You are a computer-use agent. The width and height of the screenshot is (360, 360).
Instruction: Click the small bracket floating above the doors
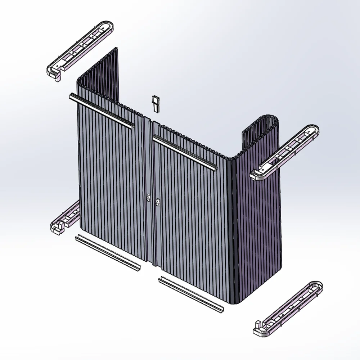[156, 103]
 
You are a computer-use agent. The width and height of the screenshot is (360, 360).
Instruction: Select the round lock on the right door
[158, 203]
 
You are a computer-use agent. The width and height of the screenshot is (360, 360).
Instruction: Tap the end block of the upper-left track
[56, 75]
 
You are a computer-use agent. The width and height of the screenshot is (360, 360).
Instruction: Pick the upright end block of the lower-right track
[258, 326]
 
